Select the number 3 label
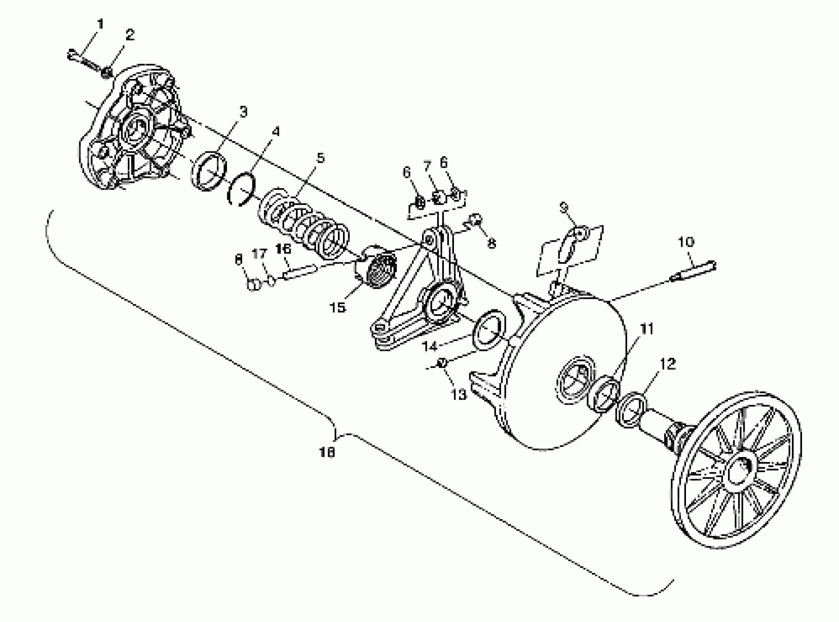tap(243, 112)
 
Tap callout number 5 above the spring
tap(320, 158)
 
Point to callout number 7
tap(427, 166)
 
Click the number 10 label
tap(686, 242)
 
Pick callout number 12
tap(668, 364)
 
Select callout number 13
tap(459, 395)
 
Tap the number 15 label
tap(337, 308)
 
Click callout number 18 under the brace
tap(327, 453)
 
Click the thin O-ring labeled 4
tap(242, 190)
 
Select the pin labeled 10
tap(693, 272)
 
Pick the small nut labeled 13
tap(442, 363)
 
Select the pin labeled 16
tap(301, 273)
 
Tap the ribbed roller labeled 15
tap(379, 269)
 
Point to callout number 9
tap(564, 207)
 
